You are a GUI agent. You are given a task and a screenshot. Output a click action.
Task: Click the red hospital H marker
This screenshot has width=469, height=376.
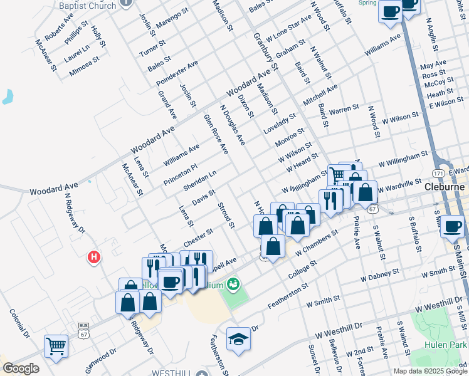(x=93, y=257)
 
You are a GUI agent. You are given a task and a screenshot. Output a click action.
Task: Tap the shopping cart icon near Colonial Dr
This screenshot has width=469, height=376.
(x=56, y=346)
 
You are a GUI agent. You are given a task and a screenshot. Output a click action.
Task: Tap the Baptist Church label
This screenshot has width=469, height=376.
(x=87, y=6)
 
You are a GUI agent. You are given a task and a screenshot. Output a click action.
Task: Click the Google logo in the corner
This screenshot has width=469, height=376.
(x=21, y=368)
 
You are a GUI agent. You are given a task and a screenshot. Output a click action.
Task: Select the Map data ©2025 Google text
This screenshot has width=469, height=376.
(x=430, y=371)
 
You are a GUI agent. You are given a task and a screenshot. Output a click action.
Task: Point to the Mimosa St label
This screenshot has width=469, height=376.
(x=85, y=66)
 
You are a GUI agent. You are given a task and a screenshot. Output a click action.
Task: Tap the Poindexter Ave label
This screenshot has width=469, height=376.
(x=177, y=73)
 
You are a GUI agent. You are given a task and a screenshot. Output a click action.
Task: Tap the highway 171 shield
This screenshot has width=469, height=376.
(x=439, y=172)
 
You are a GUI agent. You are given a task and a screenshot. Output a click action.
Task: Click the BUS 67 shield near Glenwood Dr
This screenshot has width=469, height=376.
(x=83, y=327)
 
